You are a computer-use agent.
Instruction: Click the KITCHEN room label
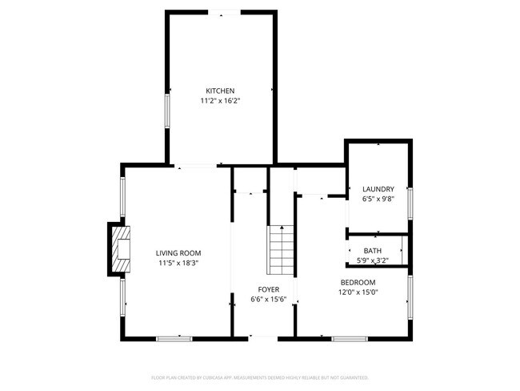coord(220,91)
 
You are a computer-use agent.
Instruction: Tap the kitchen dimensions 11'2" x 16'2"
coord(220,102)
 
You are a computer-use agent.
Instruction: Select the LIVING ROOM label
coord(178,252)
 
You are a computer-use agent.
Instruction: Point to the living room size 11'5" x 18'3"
coord(178,263)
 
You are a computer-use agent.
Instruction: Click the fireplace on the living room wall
coord(119,251)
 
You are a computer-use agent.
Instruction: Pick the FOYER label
coord(268,289)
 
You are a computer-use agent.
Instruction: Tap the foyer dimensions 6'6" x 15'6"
coord(268,300)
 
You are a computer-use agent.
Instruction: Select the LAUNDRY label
coord(378,188)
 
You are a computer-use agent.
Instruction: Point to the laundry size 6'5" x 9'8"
coord(378,199)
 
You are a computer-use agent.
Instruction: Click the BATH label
coord(372,251)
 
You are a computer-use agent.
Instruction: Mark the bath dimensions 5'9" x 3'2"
coord(372,260)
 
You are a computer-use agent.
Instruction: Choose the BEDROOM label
coord(358,282)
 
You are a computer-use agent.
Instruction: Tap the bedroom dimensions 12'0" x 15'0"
coord(358,292)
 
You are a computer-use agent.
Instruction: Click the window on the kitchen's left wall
coord(168,111)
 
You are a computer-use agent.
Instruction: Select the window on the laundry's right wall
coord(410,203)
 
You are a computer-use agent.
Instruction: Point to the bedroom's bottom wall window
coord(349,338)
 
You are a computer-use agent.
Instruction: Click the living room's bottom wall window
coord(174,338)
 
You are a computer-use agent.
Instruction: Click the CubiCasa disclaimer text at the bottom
coord(260,377)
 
